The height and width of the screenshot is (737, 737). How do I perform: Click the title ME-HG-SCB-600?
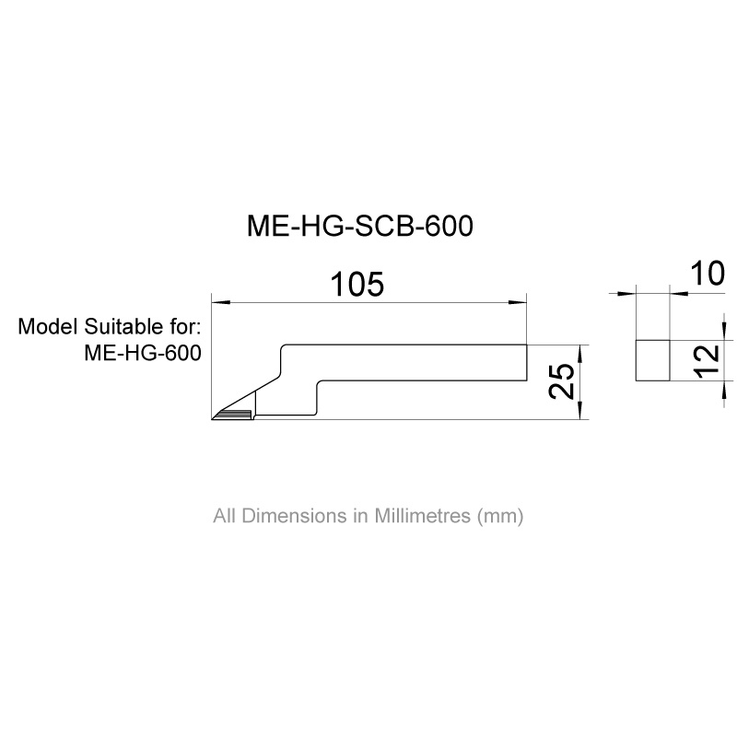click(x=359, y=228)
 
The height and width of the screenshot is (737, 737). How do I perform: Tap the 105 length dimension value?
click(x=357, y=285)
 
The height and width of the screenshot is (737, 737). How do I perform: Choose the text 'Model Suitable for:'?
click(x=110, y=328)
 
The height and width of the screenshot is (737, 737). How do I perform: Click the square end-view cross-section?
click(x=653, y=360)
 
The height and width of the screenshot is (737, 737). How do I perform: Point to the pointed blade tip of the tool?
click(x=216, y=418)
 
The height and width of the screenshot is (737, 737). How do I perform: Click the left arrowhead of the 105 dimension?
click(x=217, y=301)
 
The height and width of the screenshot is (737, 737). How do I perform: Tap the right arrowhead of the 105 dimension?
click(x=521, y=301)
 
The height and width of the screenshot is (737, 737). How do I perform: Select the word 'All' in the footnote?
click(x=225, y=516)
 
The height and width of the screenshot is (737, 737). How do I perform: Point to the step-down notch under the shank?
click(x=317, y=396)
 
